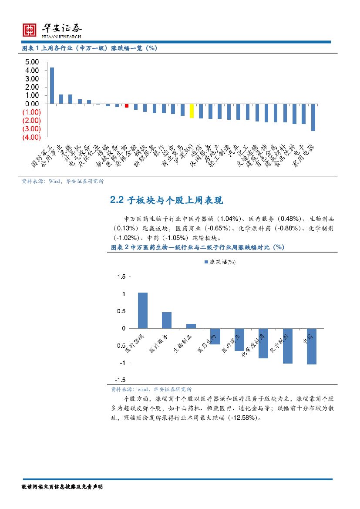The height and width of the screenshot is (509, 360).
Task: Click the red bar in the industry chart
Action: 127,105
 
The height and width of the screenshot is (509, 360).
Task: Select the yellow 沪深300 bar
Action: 192,111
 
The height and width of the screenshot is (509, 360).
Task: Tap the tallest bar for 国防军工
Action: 52,85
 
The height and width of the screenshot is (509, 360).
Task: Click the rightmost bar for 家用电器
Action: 313,117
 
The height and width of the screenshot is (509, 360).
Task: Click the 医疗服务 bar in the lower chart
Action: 167,320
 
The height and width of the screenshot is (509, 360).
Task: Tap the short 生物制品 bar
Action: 191,326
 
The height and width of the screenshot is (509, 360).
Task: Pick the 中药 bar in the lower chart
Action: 311,346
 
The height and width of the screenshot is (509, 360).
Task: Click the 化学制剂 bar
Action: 287,346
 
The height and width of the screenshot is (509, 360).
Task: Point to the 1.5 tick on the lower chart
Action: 121,276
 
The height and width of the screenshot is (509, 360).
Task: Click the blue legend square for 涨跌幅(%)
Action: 206,262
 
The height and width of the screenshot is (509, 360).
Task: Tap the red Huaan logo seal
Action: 30,30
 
